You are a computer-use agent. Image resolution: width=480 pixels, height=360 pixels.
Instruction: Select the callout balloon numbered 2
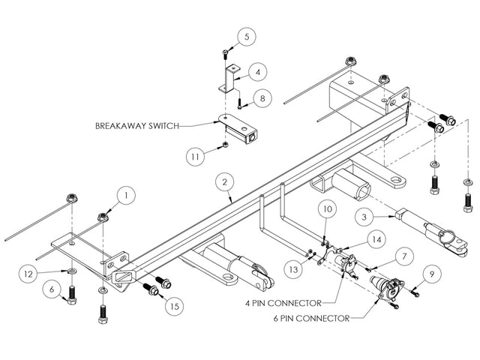click(x=223, y=181)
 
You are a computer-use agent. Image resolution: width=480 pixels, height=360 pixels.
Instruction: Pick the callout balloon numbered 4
click(x=257, y=72)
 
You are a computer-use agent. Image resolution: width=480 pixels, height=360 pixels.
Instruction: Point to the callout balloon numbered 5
click(x=249, y=35)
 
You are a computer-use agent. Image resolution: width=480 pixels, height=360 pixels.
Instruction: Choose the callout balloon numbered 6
click(x=52, y=288)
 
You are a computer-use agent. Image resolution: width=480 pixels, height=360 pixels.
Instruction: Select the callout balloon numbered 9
click(x=432, y=275)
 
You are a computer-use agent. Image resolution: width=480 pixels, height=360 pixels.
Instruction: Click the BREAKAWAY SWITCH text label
click(x=137, y=126)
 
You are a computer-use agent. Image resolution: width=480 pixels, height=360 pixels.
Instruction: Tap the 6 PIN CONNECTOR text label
click(x=311, y=319)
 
